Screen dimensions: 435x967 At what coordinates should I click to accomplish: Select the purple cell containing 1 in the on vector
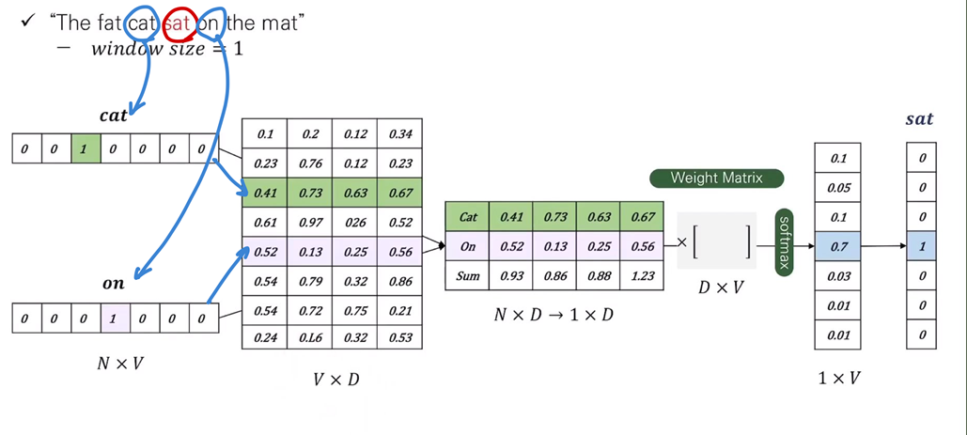pyautogui.click(x=113, y=318)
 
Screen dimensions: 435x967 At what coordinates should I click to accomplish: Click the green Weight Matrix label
pyautogui.click(x=716, y=178)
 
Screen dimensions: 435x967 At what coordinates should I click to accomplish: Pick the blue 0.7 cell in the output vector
pyautogui.click(x=838, y=247)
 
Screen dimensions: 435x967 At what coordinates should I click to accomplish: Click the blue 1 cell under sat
pyautogui.click(x=922, y=247)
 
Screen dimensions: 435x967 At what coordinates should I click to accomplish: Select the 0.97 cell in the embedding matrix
pyautogui.click(x=310, y=222)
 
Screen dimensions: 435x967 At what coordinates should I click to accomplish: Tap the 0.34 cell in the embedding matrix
pyautogui.click(x=400, y=133)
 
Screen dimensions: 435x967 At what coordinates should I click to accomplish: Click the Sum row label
pyautogui.click(x=468, y=276)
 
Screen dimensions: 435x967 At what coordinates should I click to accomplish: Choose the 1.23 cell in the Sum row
pyautogui.click(x=643, y=276)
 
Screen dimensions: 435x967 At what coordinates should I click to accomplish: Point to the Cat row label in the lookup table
pyautogui.click(x=468, y=217)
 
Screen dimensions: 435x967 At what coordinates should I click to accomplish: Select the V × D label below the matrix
pyautogui.click(x=335, y=381)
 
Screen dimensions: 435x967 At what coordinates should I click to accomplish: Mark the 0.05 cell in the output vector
pyautogui.click(x=838, y=188)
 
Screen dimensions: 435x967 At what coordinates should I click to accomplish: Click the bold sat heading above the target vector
pyautogui.click(x=919, y=118)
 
